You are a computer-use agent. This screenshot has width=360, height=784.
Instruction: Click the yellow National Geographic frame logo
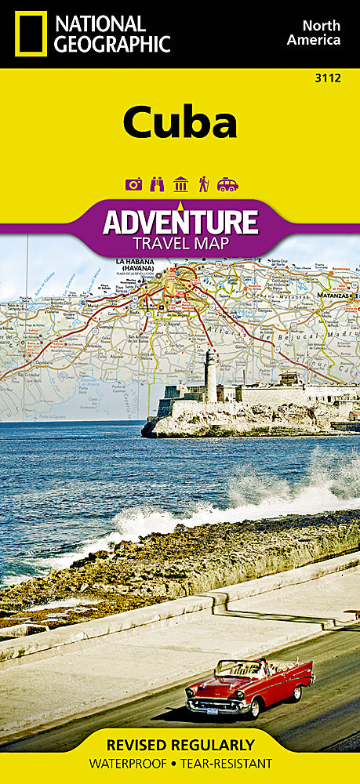click(x=30, y=33)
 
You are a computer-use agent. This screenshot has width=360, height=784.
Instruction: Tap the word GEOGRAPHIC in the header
click(x=111, y=44)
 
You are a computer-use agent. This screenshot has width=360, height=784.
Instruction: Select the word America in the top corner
click(x=314, y=40)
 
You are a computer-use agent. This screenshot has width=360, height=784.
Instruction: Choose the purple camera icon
click(x=133, y=184)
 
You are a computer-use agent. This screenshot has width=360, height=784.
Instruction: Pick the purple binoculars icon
click(x=157, y=184)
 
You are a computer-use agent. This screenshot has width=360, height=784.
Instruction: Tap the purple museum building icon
click(x=180, y=184)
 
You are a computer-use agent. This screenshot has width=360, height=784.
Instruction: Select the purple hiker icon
click(x=203, y=184)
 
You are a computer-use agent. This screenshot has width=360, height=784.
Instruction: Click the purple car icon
click(x=227, y=184)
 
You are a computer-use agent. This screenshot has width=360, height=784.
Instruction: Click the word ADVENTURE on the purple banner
click(x=180, y=223)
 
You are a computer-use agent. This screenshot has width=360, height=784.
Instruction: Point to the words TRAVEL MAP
click(x=180, y=244)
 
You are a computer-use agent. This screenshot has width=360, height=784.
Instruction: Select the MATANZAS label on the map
click(x=340, y=296)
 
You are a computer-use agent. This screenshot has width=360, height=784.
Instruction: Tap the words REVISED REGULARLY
click(x=180, y=744)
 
